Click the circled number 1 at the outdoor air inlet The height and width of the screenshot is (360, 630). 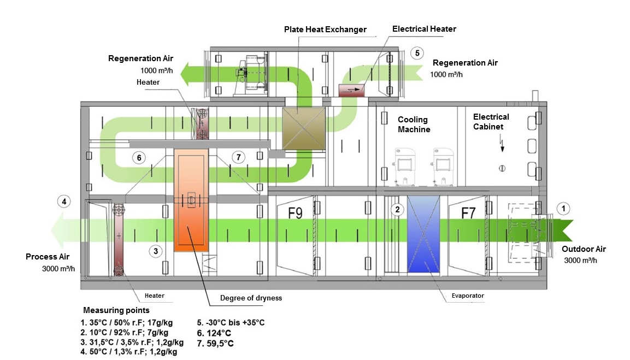pyautogui.click(x=563, y=208)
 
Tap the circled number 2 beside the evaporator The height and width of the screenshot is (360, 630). pyautogui.click(x=397, y=209)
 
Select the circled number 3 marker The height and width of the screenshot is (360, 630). pyautogui.click(x=156, y=251)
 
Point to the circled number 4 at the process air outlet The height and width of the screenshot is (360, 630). pyautogui.click(x=64, y=202)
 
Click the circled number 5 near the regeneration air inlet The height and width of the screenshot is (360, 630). pyautogui.click(x=417, y=53)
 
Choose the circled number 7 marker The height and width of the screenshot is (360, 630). pyautogui.click(x=238, y=157)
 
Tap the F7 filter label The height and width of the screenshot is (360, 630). pyautogui.click(x=468, y=213)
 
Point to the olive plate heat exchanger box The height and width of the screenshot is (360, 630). pyautogui.click(x=303, y=127)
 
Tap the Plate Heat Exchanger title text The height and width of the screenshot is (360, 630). pyautogui.click(x=325, y=29)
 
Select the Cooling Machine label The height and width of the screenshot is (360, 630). pyautogui.click(x=414, y=125)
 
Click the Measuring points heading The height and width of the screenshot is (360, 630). pyautogui.click(x=116, y=310)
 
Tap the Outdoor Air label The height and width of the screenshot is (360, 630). pyautogui.click(x=584, y=249)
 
